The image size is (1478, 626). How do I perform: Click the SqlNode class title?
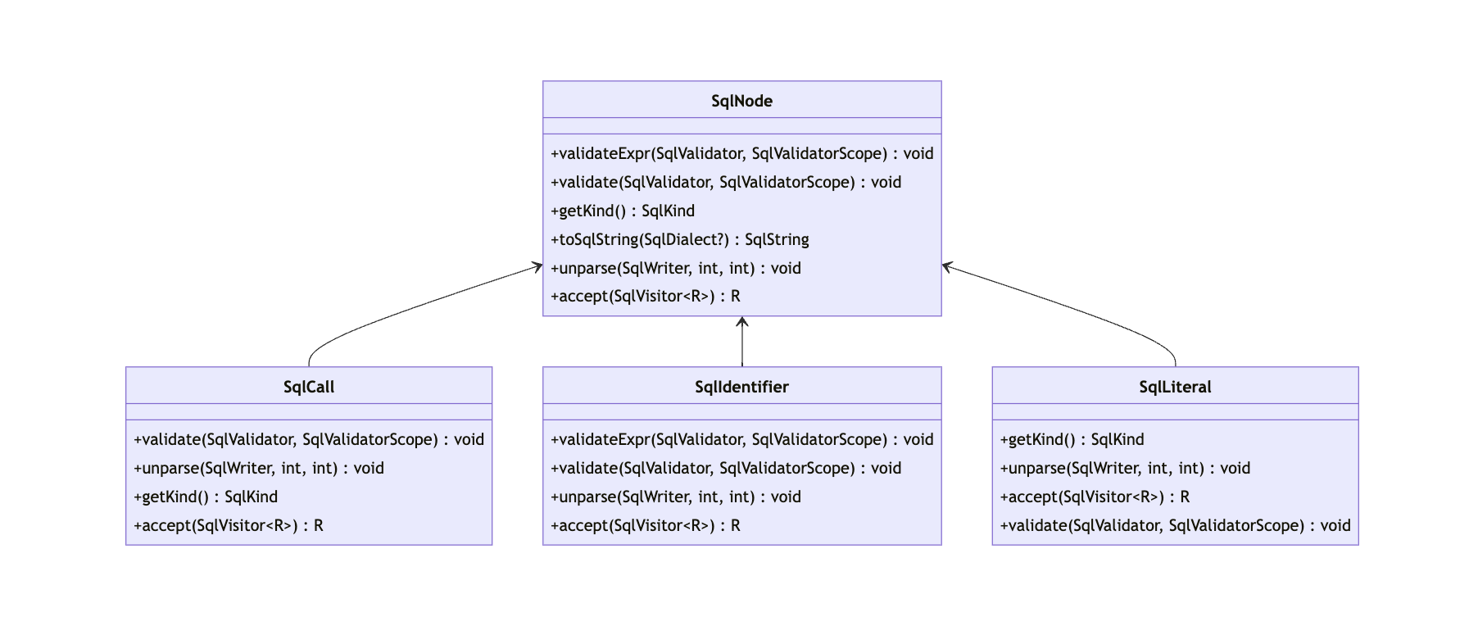pos(741,101)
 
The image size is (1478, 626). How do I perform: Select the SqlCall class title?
pos(309,387)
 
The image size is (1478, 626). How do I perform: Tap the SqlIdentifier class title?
pos(741,387)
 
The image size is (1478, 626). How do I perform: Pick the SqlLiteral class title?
pos(1175,387)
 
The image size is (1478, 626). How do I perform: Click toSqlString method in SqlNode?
pos(679,239)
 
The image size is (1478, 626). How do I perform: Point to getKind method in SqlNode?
pos(623,211)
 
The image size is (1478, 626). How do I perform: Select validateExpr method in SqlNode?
pos(741,153)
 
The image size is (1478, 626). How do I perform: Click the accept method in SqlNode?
pos(646,296)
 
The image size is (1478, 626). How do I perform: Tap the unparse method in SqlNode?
pos(676,268)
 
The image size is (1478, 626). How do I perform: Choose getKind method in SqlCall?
pos(206,497)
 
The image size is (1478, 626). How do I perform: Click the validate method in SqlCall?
pos(309,439)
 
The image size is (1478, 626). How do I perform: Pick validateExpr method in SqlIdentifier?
pos(741,439)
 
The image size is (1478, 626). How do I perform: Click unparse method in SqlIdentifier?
pos(676,497)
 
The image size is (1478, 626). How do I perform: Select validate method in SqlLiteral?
pos(1175,525)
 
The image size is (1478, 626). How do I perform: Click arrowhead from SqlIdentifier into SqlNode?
pos(742,321)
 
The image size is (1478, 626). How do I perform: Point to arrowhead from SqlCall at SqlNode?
pos(537,266)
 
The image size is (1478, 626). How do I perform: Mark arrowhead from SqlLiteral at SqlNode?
pos(948,266)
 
